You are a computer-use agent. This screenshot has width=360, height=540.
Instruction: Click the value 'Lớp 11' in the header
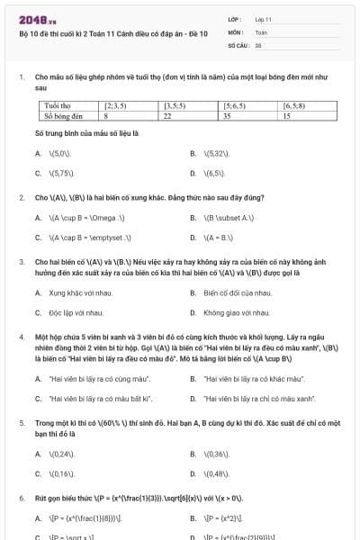pyautogui.click(x=263, y=18)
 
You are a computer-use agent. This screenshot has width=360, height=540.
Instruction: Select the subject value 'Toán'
pyautogui.click(x=261, y=31)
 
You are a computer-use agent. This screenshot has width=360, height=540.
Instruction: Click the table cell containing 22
pyautogui.click(x=167, y=116)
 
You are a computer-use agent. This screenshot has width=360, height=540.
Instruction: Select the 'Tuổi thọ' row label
pyautogui.click(x=58, y=105)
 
